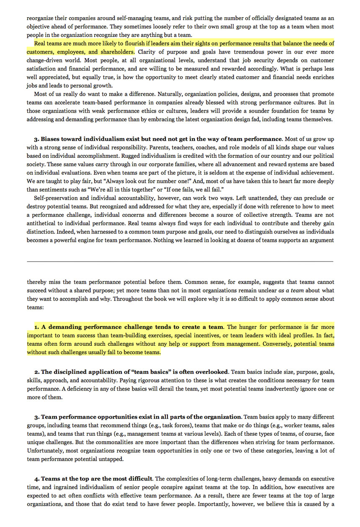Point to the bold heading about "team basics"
coord(135,372)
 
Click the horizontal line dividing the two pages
coord(180,262)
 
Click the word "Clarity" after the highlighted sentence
coord(147,52)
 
